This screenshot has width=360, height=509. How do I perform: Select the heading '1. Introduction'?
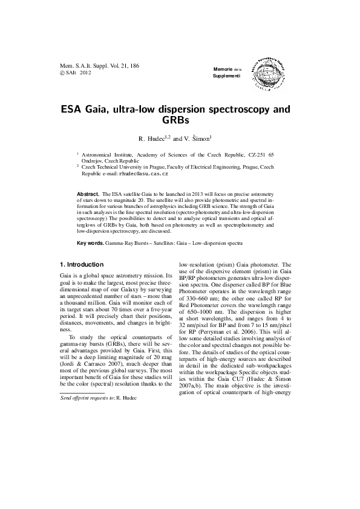[82, 265]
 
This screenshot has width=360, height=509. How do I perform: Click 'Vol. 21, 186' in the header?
[122, 64]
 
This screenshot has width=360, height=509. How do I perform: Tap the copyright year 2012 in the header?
[85, 72]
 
